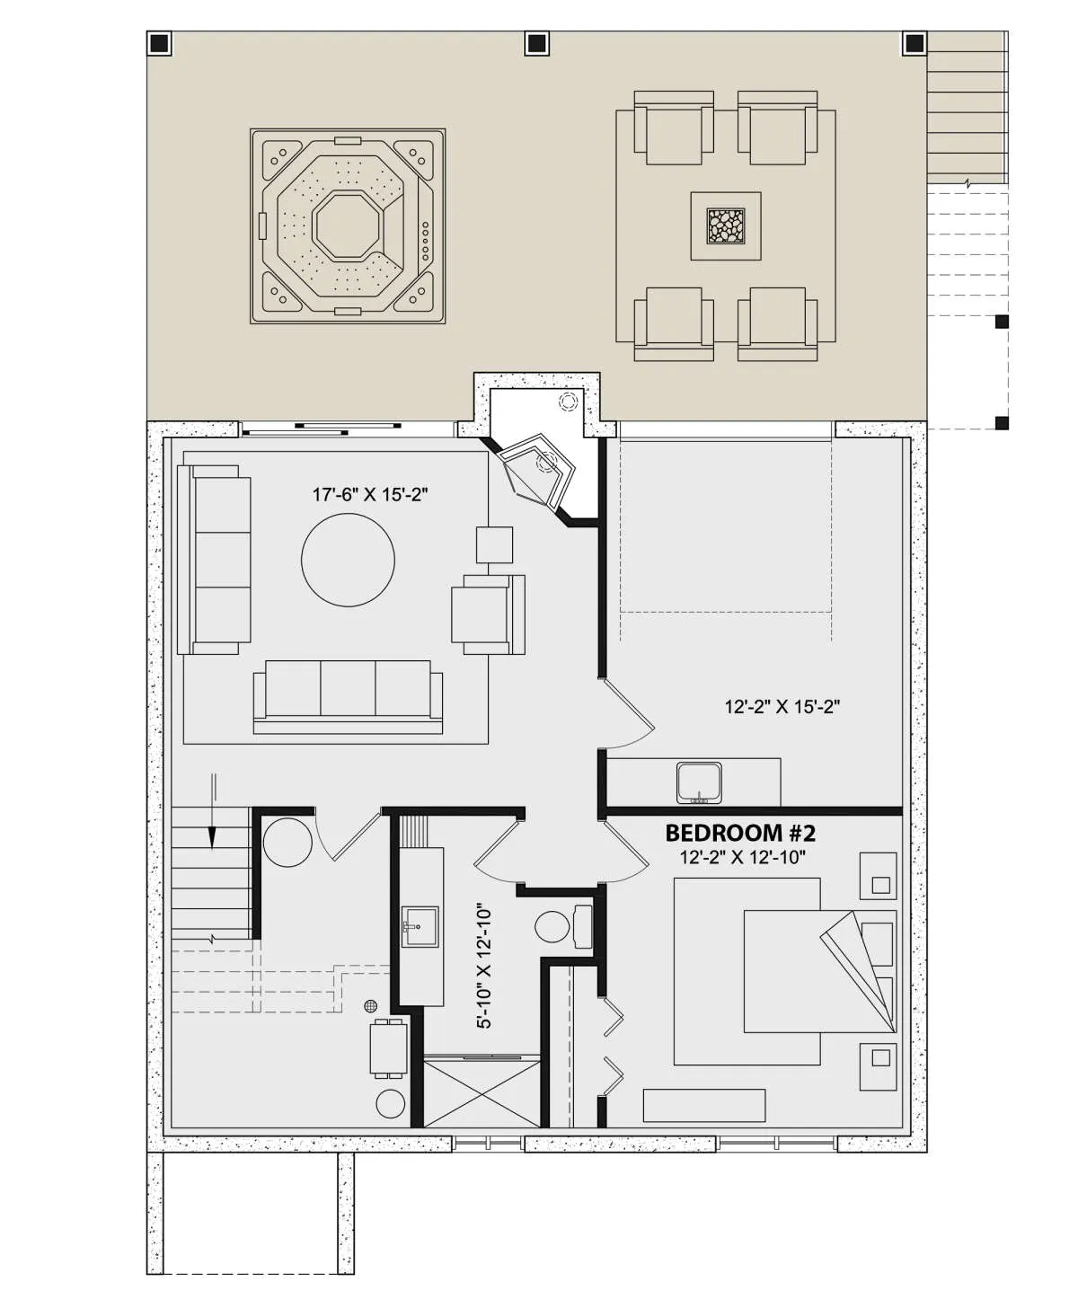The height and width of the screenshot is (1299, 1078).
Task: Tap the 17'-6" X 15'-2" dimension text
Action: click(370, 495)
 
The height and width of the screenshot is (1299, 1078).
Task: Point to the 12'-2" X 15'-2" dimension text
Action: click(782, 707)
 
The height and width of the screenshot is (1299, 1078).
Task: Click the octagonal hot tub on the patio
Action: click(348, 226)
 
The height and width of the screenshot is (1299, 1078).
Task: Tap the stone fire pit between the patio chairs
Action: click(725, 225)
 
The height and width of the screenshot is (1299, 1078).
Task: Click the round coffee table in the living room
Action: click(348, 560)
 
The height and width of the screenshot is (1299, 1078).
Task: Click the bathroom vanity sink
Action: click(420, 926)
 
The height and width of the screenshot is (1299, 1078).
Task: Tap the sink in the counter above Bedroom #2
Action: click(700, 782)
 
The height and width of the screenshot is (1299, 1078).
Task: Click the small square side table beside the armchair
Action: click(494, 545)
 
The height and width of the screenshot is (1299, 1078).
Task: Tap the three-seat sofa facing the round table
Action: click(348, 697)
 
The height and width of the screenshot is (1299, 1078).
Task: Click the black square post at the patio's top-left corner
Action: click(160, 43)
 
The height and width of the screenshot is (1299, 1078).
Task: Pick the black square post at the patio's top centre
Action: click(537, 43)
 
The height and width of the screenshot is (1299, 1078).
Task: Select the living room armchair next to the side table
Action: click(489, 614)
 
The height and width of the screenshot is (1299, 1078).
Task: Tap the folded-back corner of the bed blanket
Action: click(862, 970)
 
